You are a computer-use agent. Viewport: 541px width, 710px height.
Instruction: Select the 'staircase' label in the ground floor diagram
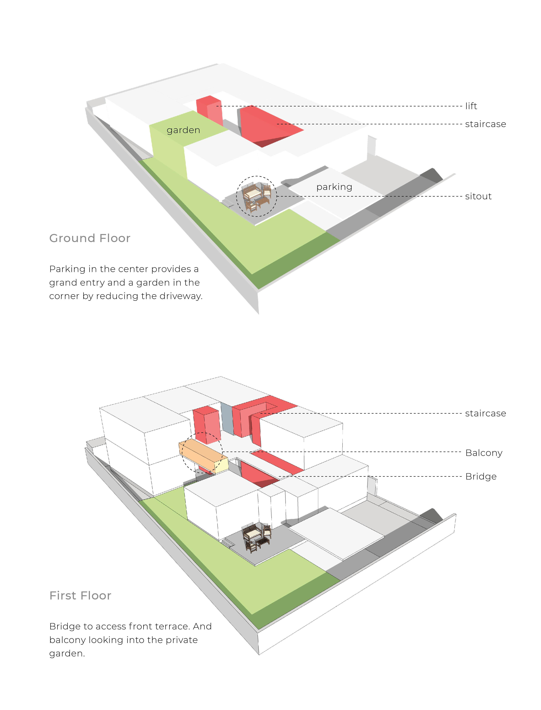(485, 124)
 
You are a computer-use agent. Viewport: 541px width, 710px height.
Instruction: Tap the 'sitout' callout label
(478, 196)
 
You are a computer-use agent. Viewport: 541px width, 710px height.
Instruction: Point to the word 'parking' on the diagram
(334, 187)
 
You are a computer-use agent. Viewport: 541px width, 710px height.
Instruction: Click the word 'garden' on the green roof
(183, 130)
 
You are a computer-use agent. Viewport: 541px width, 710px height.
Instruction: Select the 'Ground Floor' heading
(90, 238)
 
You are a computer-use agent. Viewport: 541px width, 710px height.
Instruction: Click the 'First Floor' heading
(80, 596)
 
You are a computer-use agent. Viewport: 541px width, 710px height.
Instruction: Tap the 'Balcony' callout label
(484, 453)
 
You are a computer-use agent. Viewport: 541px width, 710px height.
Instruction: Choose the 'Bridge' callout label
(481, 476)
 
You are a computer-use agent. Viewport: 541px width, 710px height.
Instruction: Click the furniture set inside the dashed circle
(256, 196)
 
